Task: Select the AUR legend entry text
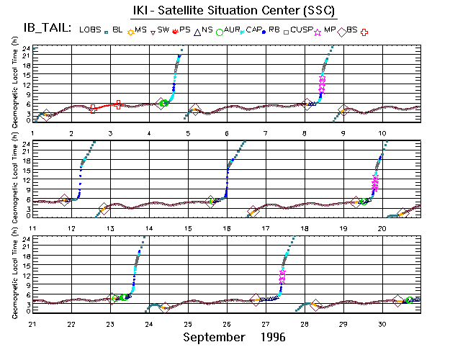click(x=232, y=29)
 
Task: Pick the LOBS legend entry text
click(x=91, y=29)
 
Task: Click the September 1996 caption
click(x=234, y=337)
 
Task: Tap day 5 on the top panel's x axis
click(x=188, y=134)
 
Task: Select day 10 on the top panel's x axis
click(x=383, y=134)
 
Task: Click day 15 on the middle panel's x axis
click(x=188, y=228)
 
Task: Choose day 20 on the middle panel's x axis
click(x=383, y=228)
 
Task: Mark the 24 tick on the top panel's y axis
click(x=25, y=48)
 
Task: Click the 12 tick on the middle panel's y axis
click(x=25, y=179)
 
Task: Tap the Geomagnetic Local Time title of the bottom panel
click(x=15, y=273)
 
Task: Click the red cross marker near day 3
click(x=118, y=104)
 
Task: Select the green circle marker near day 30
click(x=409, y=300)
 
